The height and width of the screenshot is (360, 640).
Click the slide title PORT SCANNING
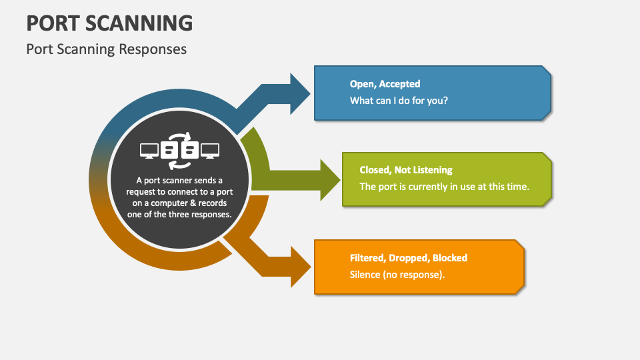(x=109, y=23)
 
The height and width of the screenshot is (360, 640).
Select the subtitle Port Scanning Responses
(x=106, y=49)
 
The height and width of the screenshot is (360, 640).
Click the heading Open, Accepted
(x=385, y=84)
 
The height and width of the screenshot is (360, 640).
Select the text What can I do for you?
(x=399, y=101)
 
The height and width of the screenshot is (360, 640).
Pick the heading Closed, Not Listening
(x=405, y=170)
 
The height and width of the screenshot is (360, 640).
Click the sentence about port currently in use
(x=444, y=187)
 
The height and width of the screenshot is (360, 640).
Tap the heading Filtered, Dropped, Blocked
(x=408, y=257)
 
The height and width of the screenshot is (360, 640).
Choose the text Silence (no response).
(x=397, y=274)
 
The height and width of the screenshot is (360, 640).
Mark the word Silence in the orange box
(x=365, y=274)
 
